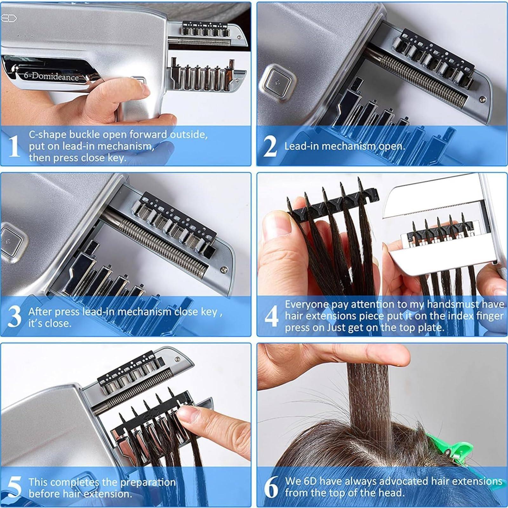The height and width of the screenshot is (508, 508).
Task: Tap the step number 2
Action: coord(270,146)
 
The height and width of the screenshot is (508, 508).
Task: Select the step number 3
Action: coord(14,317)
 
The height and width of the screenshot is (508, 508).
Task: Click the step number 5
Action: coord(14,487)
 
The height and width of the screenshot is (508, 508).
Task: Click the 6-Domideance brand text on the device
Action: coord(51,76)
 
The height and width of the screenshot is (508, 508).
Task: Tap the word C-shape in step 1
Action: coord(48,135)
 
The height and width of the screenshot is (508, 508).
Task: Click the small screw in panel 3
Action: coord(224,269)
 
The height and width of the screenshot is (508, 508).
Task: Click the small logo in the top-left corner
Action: coord(9,18)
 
